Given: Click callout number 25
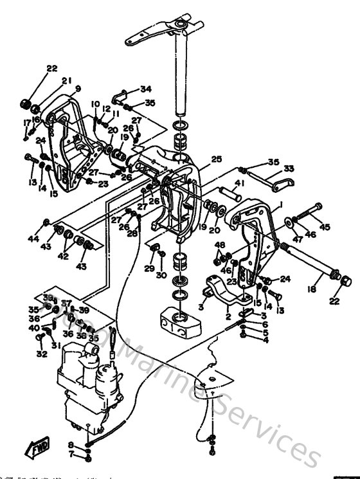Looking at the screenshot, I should coord(216,159).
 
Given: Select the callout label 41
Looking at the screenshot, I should coord(239,184).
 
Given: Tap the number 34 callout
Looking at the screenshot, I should coord(146,89).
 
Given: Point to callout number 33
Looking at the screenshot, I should coord(289,169).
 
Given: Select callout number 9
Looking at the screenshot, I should coord(78,89).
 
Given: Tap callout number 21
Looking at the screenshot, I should coord(66,80).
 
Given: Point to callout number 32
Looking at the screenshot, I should coord(42,353).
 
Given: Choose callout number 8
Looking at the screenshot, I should coord(71,445).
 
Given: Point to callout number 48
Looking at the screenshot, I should coord(220,245).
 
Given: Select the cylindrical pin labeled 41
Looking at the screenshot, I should coord(228,194).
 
